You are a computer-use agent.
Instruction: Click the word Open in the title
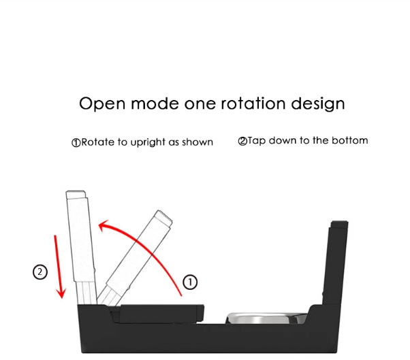click(99, 104)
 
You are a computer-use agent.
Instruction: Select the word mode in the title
click(149, 104)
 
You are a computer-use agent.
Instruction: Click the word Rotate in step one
click(98, 142)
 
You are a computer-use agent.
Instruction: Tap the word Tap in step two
click(257, 141)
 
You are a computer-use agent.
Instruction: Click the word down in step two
click(286, 141)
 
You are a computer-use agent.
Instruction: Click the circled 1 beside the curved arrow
click(191, 281)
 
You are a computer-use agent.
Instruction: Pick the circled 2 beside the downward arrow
click(40, 272)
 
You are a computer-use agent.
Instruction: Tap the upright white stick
click(80, 245)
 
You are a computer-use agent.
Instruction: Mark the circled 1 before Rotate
click(76, 143)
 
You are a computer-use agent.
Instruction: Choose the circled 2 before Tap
click(242, 142)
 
